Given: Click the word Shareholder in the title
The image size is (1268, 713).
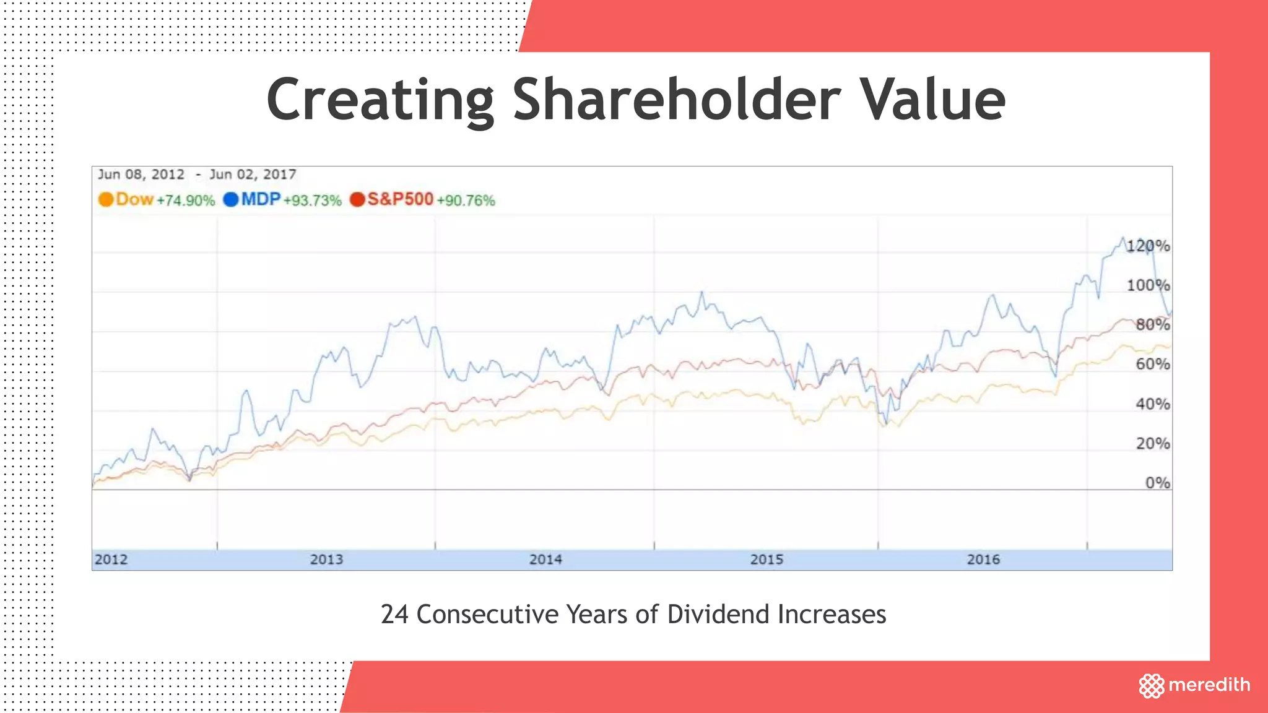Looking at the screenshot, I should [x=677, y=100].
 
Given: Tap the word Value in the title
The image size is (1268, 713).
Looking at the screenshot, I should [x=934, y=100].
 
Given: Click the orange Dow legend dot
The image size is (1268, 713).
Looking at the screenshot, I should [x=106, y=200].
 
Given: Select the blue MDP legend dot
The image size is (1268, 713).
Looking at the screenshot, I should [x=231, y=200].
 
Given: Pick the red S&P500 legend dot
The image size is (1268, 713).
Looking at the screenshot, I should [x=357, y=200].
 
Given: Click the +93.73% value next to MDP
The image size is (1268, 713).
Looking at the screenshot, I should [x=313, y=201].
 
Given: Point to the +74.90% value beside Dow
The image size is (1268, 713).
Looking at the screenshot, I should [x=186, y=201].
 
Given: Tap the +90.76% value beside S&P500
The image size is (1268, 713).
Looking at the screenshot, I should [x=466, y=201].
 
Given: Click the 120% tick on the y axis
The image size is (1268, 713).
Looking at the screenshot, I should [x=1148, y=246].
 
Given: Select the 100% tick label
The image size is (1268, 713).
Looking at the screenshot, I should [x=1148, y=285].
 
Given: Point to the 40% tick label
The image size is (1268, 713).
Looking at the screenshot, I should [x=1152, y=404].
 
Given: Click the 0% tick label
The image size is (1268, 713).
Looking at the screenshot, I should [x=1157, y=483].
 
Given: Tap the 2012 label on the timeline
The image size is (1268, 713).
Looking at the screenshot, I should [x=111, y=560].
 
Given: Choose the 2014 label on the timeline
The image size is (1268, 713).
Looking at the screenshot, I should [x=545, y=560].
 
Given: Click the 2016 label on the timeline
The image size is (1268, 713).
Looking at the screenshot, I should [x=983, y=560].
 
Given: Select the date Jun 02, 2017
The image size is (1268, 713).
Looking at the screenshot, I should [x=253, y=175].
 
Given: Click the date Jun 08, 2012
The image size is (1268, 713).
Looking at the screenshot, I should [x=141, y=175].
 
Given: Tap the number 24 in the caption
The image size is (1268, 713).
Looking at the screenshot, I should [x=394, y=615].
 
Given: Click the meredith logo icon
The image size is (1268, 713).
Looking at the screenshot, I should [x=1152, y=686].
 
